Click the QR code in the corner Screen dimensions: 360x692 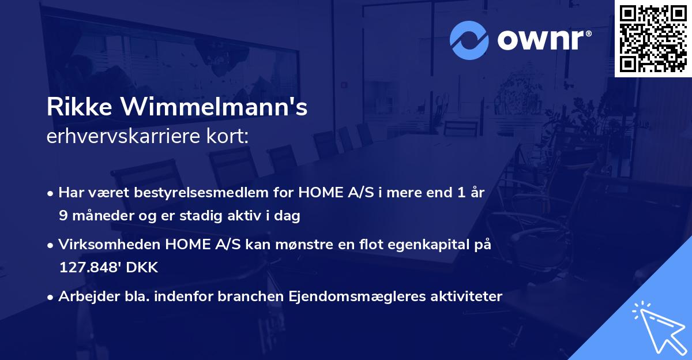click(653, 39)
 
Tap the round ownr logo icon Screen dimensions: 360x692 click(469, 40)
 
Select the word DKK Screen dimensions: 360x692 click(143, 268)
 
